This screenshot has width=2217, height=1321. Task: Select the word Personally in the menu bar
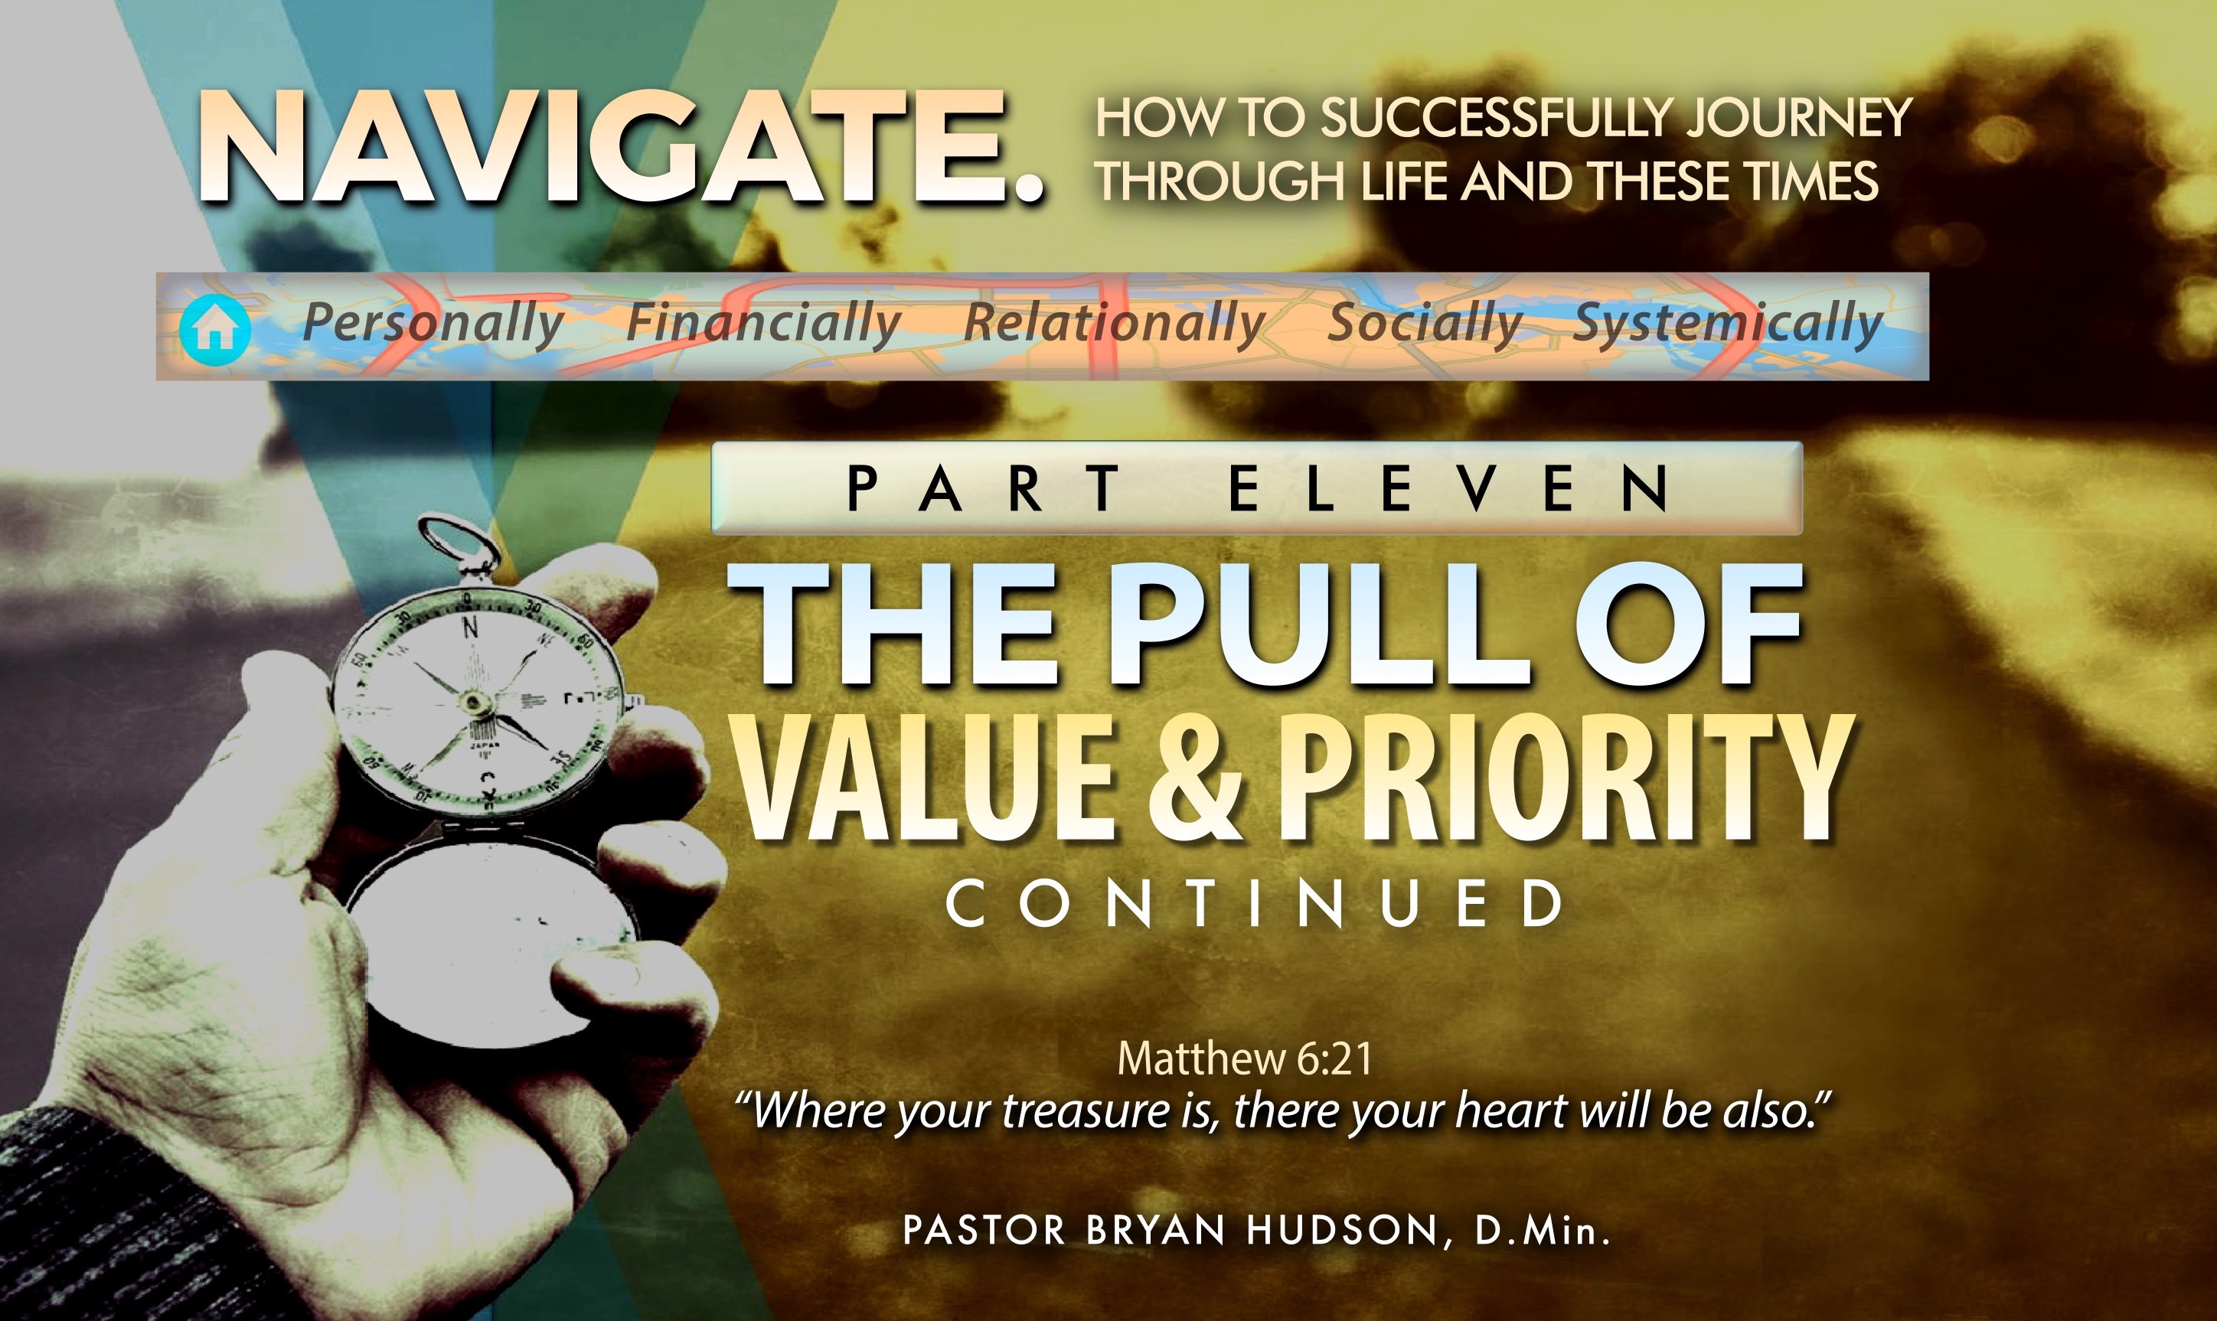433,323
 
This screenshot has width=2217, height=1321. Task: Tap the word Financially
763,323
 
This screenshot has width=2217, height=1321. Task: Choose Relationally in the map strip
1114,323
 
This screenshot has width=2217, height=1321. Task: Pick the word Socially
1425,323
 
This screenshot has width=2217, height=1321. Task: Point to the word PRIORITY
1566,777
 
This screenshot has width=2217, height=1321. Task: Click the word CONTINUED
1255,904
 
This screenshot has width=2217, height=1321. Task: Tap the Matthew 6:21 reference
1244,1058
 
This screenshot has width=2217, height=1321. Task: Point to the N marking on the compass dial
470,628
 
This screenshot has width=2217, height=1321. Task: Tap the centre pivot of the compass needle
474,704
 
